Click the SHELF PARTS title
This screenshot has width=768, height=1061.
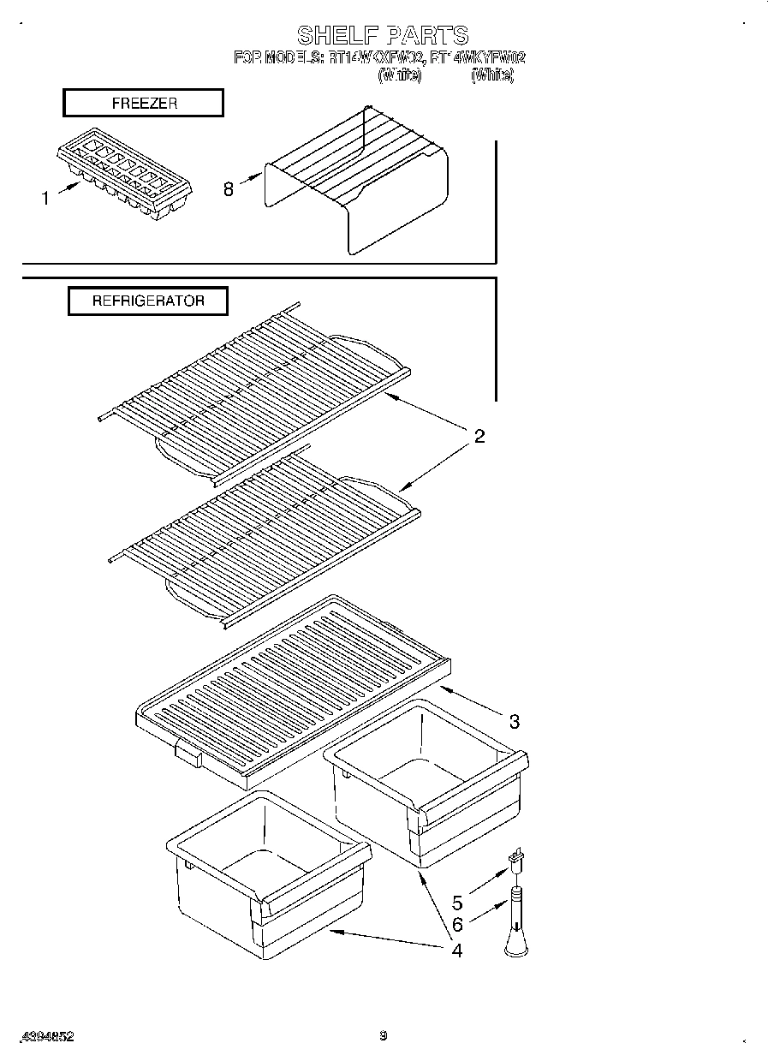click(382, 34)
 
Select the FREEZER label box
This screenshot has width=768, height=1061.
click(143, 103)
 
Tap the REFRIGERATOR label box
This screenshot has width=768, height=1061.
click(148, 301)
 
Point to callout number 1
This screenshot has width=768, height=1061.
click(45, 199)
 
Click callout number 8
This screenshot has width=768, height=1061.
click(229, 189)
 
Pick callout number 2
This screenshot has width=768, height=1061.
click(479, 437)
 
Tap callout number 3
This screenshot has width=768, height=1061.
click(514, 721)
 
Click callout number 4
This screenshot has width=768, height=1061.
click(456, 950)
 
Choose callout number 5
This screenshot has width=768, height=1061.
click(457, 903)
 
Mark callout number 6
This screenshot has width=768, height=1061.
click(457, 925)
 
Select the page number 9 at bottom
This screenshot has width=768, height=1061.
click(384, 1036)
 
